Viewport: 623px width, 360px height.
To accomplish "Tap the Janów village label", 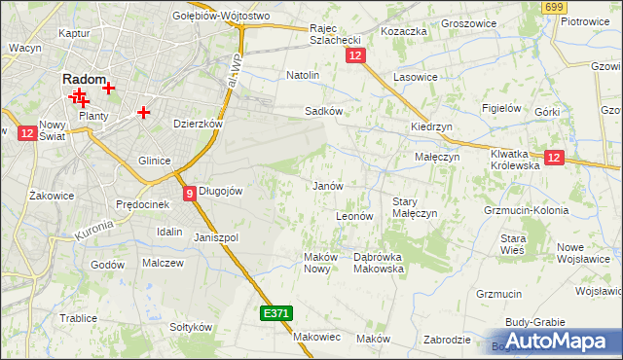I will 327,185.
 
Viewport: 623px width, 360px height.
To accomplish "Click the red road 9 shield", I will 190,193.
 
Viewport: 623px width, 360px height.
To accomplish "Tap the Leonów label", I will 354,216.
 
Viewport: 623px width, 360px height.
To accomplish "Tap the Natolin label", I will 303,74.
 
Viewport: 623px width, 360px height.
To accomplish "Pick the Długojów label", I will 220,192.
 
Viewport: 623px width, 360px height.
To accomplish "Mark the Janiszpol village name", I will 216,237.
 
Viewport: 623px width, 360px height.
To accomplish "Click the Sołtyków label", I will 190,327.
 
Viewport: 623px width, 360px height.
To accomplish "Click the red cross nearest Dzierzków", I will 144,112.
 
